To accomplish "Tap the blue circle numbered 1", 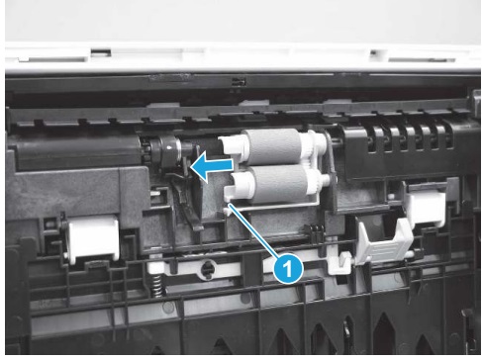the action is [x=287, y=268].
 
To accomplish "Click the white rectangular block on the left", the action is [x=92, y=238].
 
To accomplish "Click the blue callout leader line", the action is [x=253, y=229].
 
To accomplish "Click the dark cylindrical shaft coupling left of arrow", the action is [x=165, y=149].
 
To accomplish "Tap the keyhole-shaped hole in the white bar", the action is [x=207, y=269].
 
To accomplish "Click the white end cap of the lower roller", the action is [x=239, y=184].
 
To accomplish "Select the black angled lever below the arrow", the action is [x=189, y=201].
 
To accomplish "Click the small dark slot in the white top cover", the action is [x=101, y=52].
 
